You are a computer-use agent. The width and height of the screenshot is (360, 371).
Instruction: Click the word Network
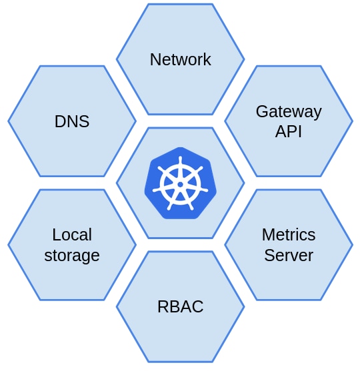click(180, 60)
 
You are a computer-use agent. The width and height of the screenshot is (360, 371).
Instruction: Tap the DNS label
click(72, 122)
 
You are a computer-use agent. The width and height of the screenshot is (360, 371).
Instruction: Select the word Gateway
click(289, 112)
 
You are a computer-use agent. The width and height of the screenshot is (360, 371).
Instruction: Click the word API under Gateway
click(289, 132)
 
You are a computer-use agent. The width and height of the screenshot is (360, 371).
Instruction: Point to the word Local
click(72, 235)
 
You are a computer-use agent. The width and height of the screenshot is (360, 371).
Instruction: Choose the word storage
click(72, 256)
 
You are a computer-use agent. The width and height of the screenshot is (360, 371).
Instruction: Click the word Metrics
click(289, 235)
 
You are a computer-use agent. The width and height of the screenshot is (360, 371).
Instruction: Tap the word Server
click(289, 256)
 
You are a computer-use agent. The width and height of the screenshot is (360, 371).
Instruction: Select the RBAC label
click(180, 307)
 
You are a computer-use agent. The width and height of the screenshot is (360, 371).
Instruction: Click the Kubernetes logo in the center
click(180, 183)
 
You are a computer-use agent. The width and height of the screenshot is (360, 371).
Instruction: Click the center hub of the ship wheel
click(180, 185)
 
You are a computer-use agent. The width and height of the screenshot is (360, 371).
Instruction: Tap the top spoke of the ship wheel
click(180, 167)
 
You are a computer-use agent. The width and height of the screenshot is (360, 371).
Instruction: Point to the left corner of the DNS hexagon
click(9, 121)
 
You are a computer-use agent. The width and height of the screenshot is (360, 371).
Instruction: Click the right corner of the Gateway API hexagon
click(352, 121)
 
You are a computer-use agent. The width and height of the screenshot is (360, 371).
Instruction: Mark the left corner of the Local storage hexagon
click(9, 245)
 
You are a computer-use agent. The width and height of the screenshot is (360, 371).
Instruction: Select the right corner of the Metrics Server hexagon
click(352, 245)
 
